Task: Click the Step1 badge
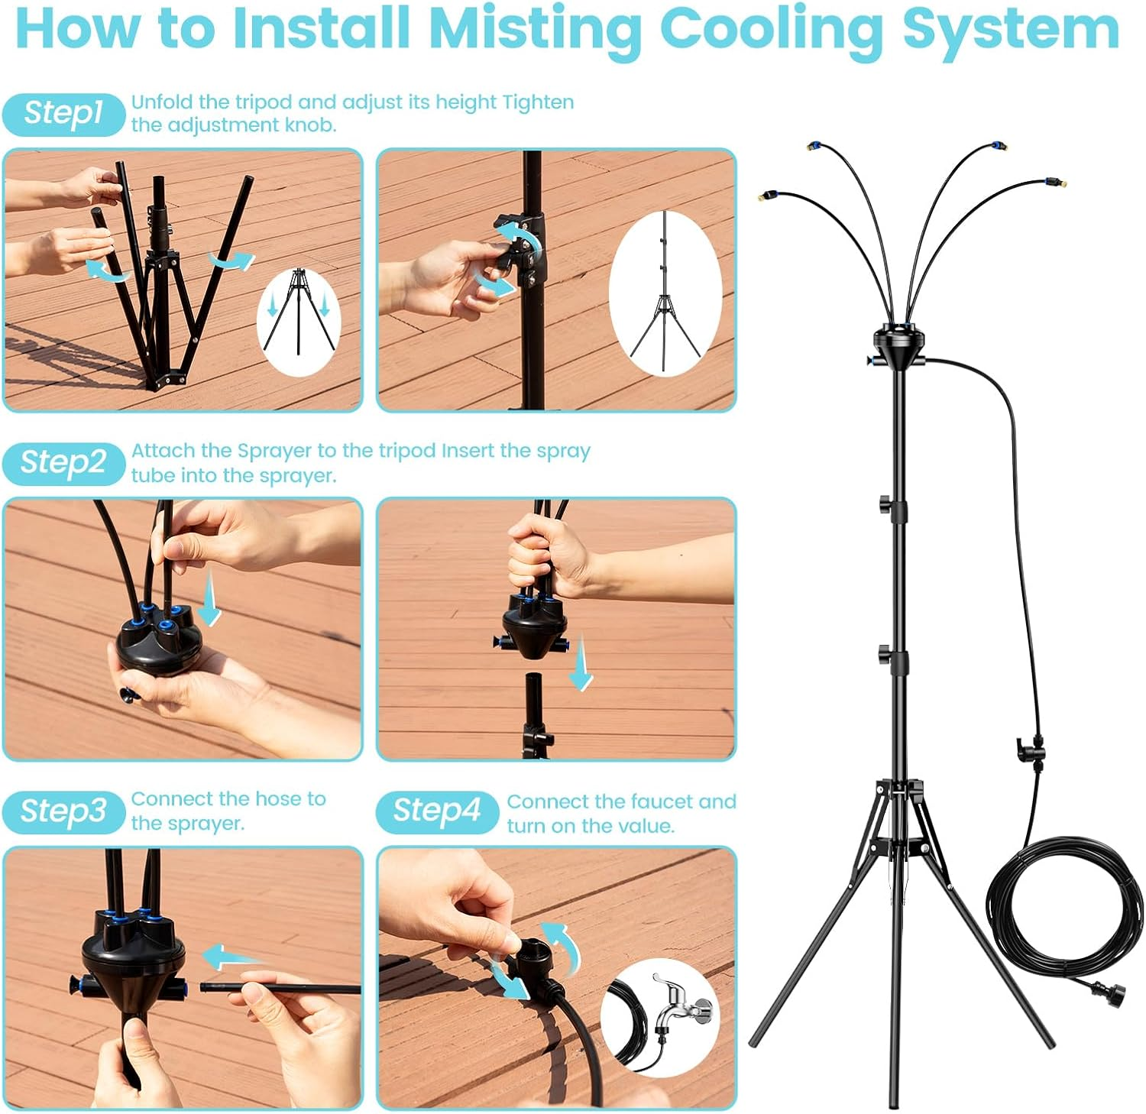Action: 63,114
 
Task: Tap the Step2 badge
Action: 63,463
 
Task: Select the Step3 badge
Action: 63,811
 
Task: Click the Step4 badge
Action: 436,811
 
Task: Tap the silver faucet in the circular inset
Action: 680,1004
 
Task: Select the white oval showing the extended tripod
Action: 665,292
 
